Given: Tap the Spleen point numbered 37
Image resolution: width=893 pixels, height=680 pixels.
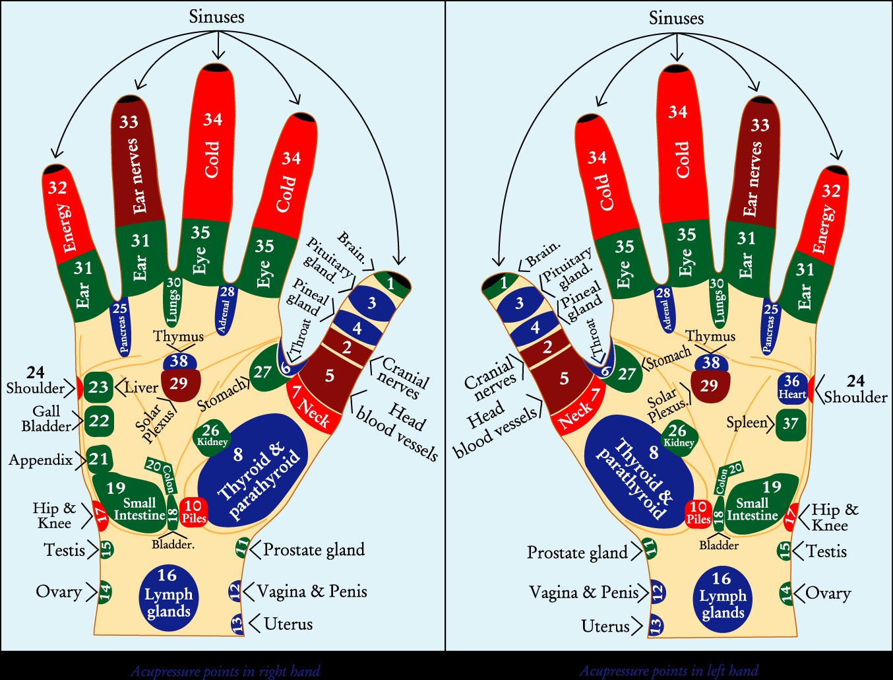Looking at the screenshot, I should (791, 424).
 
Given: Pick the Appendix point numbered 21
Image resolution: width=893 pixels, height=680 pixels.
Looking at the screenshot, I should (99, 459).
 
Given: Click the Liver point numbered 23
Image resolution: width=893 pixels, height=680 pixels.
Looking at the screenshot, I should (99, 387).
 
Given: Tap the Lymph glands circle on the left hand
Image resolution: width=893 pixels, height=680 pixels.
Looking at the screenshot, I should (722, 595).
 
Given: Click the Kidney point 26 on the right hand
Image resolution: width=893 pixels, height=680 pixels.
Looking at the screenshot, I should (211, 435).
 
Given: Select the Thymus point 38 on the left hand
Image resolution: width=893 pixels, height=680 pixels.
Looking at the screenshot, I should (711, 362).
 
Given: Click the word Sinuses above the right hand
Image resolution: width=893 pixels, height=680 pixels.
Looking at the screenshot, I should (216, 17).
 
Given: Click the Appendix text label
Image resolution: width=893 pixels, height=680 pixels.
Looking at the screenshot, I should (40, 459).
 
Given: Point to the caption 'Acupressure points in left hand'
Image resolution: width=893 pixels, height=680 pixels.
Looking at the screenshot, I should (668, 671).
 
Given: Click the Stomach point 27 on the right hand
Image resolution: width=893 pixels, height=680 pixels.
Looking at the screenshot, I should (263, 372).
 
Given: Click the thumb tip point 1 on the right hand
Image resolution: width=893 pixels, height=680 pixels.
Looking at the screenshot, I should (391, 284).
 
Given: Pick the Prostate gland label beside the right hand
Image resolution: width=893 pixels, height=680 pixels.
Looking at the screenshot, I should (313, 550).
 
